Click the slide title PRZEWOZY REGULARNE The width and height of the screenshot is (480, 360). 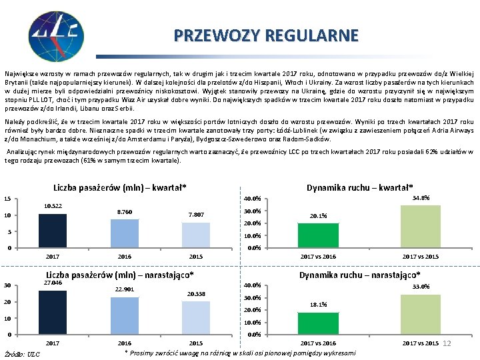pos(266,35)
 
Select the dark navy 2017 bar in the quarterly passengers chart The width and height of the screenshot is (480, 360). pos(53,231)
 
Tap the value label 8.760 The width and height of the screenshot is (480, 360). pos(124,211)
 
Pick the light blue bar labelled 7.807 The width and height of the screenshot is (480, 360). pos(196,235)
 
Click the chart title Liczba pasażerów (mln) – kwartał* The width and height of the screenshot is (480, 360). pos(119,187)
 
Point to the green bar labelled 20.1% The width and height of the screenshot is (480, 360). pos(318,235)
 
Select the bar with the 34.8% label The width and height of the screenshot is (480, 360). pos(421,227)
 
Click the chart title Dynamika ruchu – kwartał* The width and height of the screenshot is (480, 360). pos(359,187)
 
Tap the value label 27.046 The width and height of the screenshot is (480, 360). pos(52,283)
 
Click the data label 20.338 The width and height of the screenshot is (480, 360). pos(196,293)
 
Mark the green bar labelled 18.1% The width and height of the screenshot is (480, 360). pos(318,323)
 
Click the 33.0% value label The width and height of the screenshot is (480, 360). pos(421,287)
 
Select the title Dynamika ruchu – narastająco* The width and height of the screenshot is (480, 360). pos(359,275)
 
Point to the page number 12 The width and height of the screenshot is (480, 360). pos(447,343)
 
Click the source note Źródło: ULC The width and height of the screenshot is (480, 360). pos(22,353)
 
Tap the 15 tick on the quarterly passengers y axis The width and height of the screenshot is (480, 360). pos(7,199)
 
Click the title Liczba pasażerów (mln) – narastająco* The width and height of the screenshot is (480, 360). pos(119,275)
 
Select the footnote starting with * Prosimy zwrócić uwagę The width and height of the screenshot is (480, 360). pos(240,352)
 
